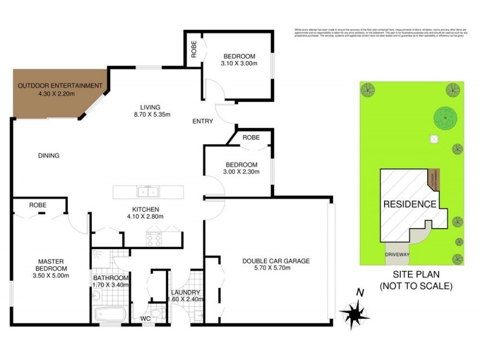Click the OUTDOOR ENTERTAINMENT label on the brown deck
click(59, 86)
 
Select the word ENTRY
click(202, 122)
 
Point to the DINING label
click(49, 156)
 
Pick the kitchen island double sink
click(148, 192)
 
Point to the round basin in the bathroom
click(96, 295)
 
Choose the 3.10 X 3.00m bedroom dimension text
click(239, 63)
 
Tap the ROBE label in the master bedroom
click(38, 205)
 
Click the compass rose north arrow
click(356, 310)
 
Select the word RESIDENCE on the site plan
click(410, 204)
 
